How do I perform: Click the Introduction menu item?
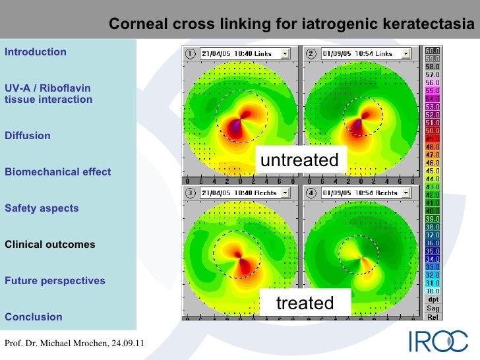[x=36, y=52]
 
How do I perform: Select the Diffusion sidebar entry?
[x=28, y=136]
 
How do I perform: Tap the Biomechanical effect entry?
[x=58, y=172]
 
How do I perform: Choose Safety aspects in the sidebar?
[x=42, y=208]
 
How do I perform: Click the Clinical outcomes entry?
[x=50, y=245]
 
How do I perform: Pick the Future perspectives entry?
[x=55, y=281]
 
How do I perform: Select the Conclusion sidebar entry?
[x=34, y=317]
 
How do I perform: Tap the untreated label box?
[x=300, y=160]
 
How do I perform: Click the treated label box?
[x=305, y=303]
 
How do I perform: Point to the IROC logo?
[x=439, y=340]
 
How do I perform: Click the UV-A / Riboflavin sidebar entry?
[x=48, y=94]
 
